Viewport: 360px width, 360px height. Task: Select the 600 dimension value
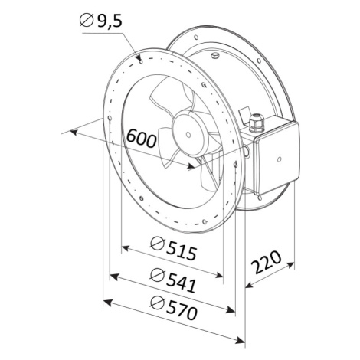pyautogui.click(x=142, y=139)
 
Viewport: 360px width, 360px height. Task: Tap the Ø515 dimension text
pyautogui.click(x=174, y=249)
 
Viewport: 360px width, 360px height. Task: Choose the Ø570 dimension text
pyautogui.click(x=174, y=308)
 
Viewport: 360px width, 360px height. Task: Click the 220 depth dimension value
pyautogui.click(x=266, y=262)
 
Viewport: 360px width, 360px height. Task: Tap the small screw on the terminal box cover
pyautogui.click(x=280, y=159)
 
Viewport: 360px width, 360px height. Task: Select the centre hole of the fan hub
pyautogui.click(x=188, y=135)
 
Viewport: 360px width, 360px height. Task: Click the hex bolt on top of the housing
pyautogui.click(x=215, y=55)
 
